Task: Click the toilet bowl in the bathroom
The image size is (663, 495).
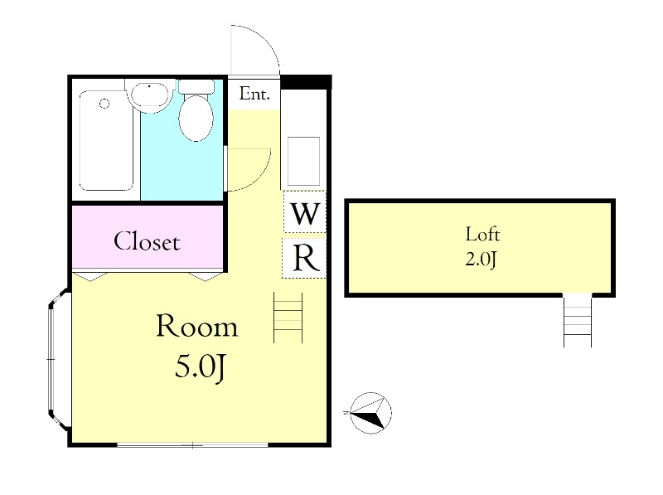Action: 196,118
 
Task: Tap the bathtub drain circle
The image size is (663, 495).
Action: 104,104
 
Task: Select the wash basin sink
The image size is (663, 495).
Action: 149,95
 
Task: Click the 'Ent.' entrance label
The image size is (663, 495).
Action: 254,94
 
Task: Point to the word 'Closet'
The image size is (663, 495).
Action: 148,241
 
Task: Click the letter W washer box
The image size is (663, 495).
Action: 304,211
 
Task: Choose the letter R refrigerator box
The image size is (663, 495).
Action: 304,258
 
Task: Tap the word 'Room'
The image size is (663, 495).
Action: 197,326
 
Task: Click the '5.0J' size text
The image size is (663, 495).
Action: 199,366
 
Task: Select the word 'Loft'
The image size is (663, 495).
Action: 482,234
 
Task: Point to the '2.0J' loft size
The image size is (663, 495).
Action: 481,259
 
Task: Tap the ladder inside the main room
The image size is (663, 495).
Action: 288,318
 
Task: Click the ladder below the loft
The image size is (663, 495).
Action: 577,320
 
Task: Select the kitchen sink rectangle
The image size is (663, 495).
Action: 303,161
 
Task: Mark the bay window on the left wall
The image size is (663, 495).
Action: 57,360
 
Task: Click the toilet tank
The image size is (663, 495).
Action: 196,87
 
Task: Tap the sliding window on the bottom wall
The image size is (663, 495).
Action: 192,444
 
